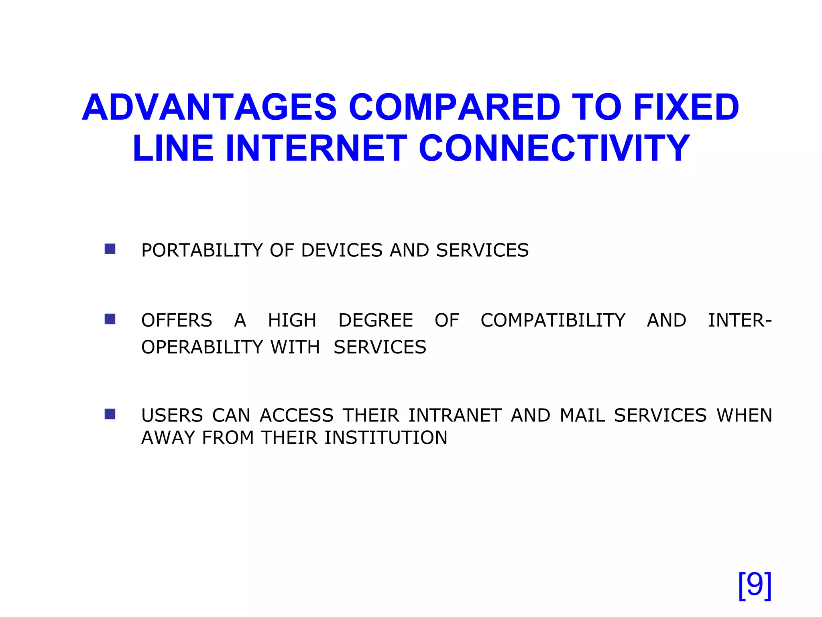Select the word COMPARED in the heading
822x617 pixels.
point(454,107)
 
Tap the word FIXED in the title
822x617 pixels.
point(686,107)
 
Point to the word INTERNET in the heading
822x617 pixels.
point(317,149)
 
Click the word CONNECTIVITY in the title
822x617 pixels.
point(554,149)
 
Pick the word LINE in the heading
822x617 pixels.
point(173,149)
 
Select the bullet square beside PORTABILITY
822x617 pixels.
point(110,249)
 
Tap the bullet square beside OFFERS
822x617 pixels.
point(110,319)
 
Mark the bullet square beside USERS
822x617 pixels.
point(110,414)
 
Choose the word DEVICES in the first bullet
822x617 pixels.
point(342,250)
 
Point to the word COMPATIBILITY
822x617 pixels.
point(553,321)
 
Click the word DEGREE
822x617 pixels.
point(375,321)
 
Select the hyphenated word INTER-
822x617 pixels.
point(739,321)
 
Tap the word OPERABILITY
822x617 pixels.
point(202,347)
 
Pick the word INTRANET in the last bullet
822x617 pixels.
point(455,415)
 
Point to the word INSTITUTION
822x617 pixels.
point(386,438)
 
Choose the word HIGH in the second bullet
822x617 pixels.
point(292,321)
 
